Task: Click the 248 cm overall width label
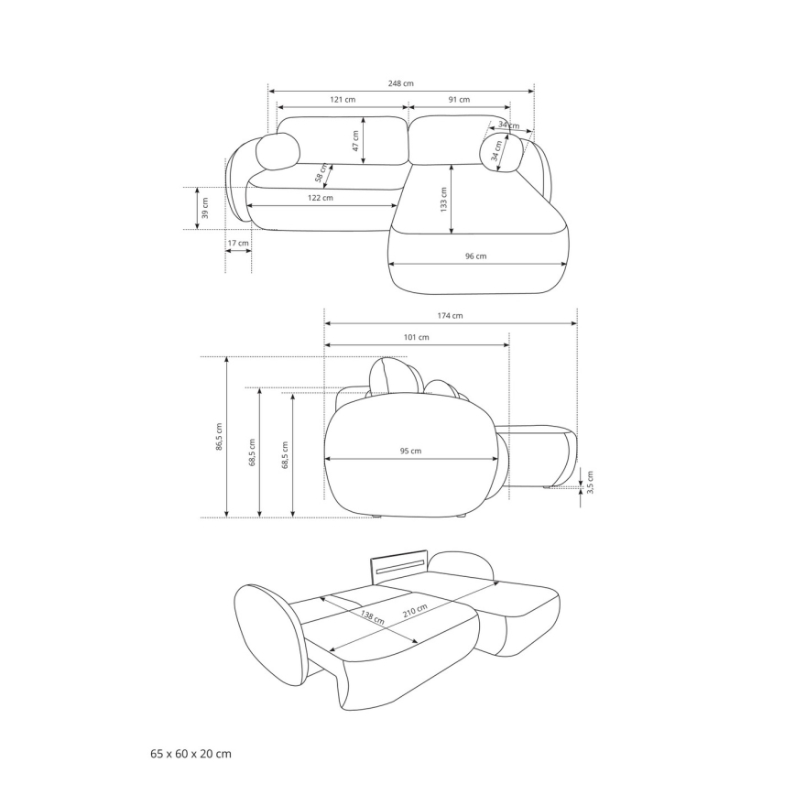[401, 83]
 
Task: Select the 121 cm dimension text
[343, 99]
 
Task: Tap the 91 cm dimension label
[459, 99]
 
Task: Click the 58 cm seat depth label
[321, 172]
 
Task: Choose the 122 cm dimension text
[321, 198]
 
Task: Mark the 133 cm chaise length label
[443, 199]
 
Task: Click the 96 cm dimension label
[475, 256]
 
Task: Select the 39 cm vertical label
[205, 208]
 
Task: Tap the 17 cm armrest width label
[238, 243]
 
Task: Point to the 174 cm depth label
[450, 316]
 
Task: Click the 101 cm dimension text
[417, 338]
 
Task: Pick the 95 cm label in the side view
[410, 451]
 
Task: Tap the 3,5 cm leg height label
[590, 483]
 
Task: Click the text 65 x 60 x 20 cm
[191, 754]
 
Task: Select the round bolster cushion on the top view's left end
[278, 152]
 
